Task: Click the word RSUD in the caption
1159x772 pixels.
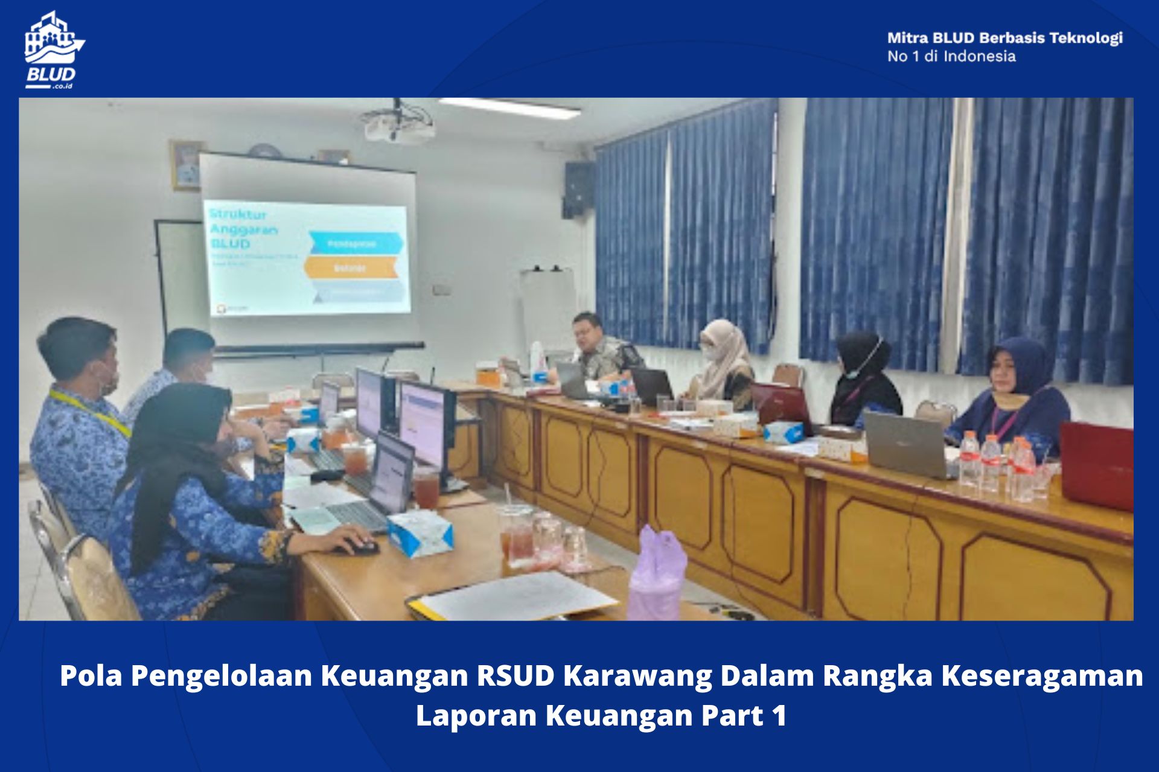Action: click(x=516, y=675)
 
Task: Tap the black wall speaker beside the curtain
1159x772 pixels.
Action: click(x=578, y=189)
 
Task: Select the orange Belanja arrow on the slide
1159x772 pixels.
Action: click(x=351, y=267)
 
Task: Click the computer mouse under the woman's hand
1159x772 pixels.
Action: click(x=365, y=547)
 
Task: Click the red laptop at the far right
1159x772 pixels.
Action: click(x=1096, y=464)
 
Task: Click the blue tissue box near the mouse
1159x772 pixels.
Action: click(x=420, y=534)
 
